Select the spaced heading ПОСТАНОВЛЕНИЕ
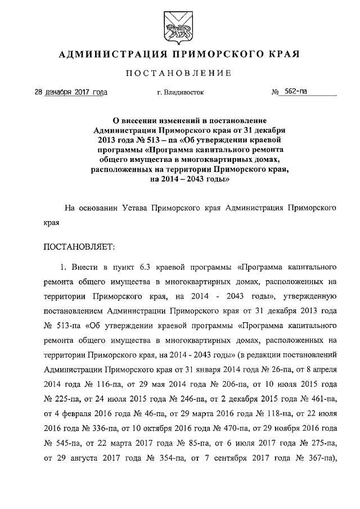click(179, 73)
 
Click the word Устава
click(134, 208)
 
